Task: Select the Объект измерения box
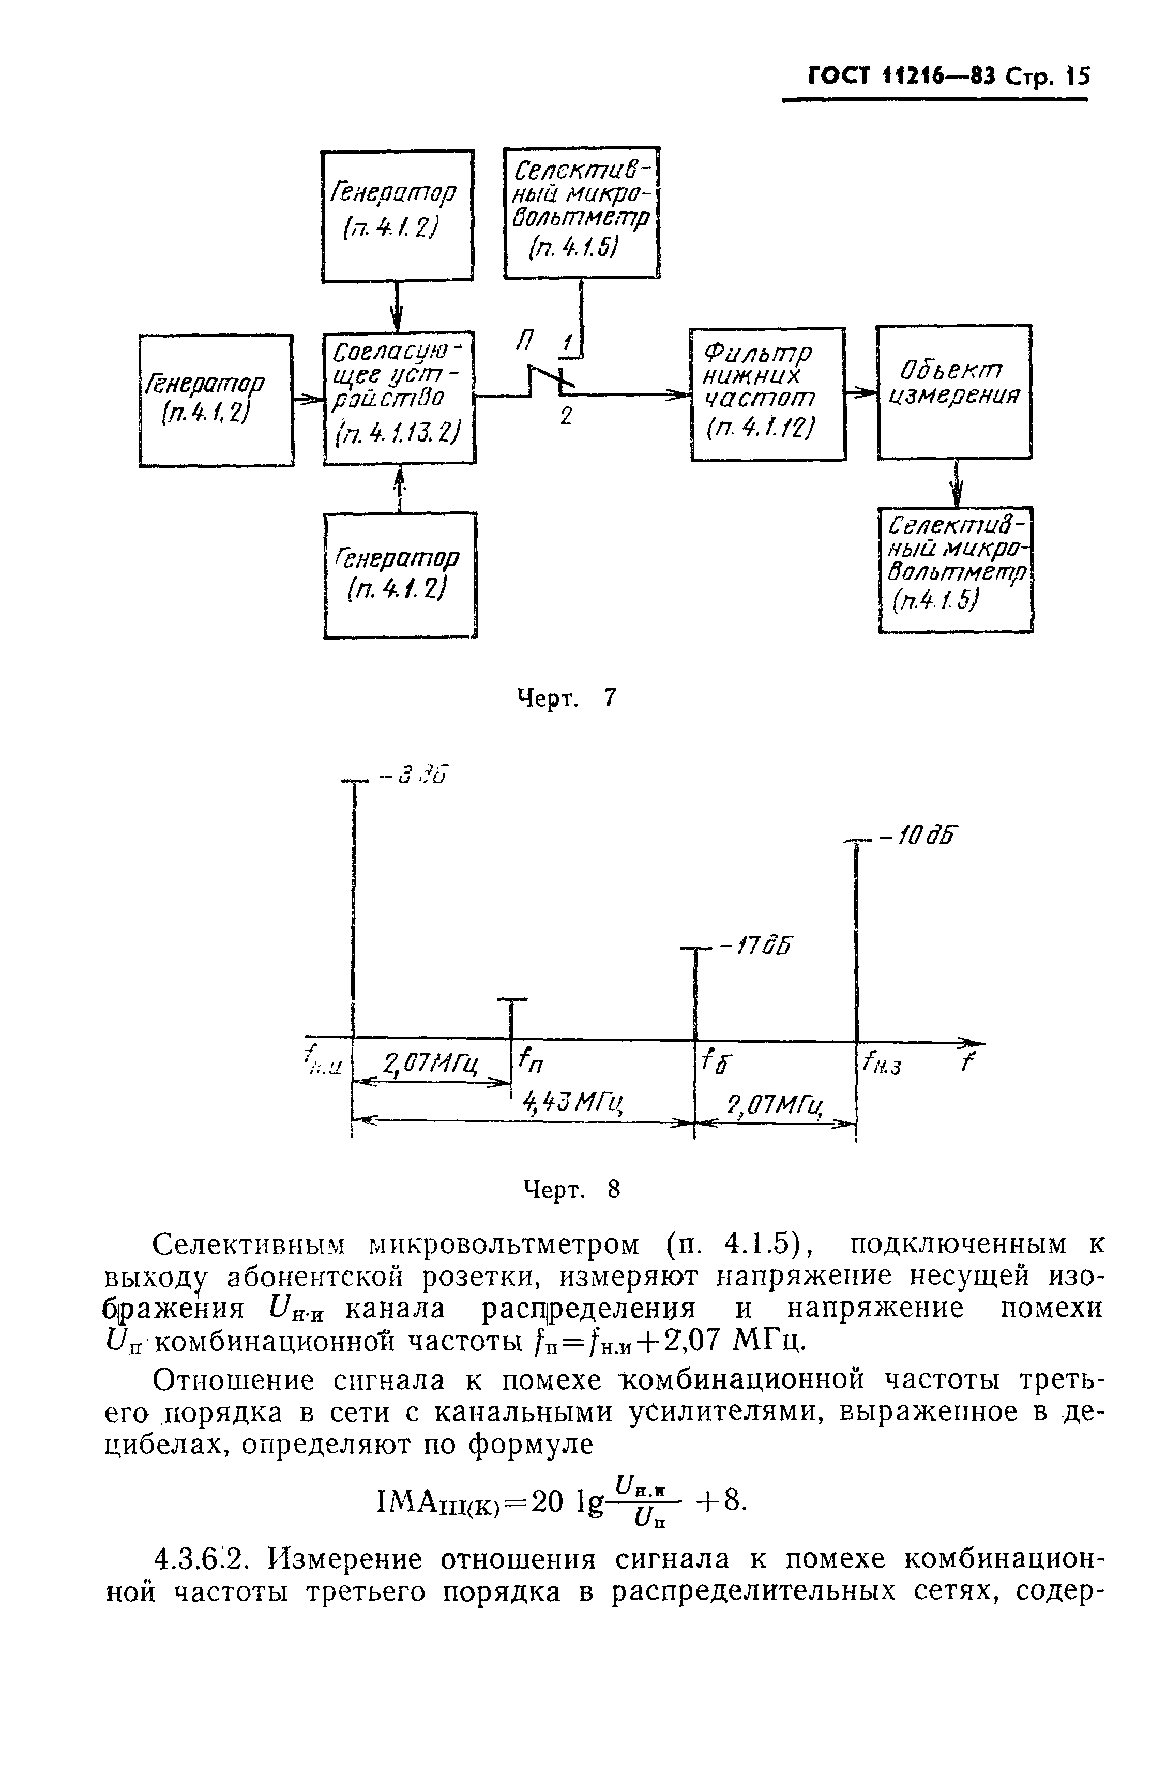tap(953, 391)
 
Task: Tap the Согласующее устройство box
tap(399, 397)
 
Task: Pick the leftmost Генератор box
tap(215, 400)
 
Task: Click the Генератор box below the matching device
tap(400, 574)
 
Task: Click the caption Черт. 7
tap(567, 698)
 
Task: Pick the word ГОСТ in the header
tap(840, 77)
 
